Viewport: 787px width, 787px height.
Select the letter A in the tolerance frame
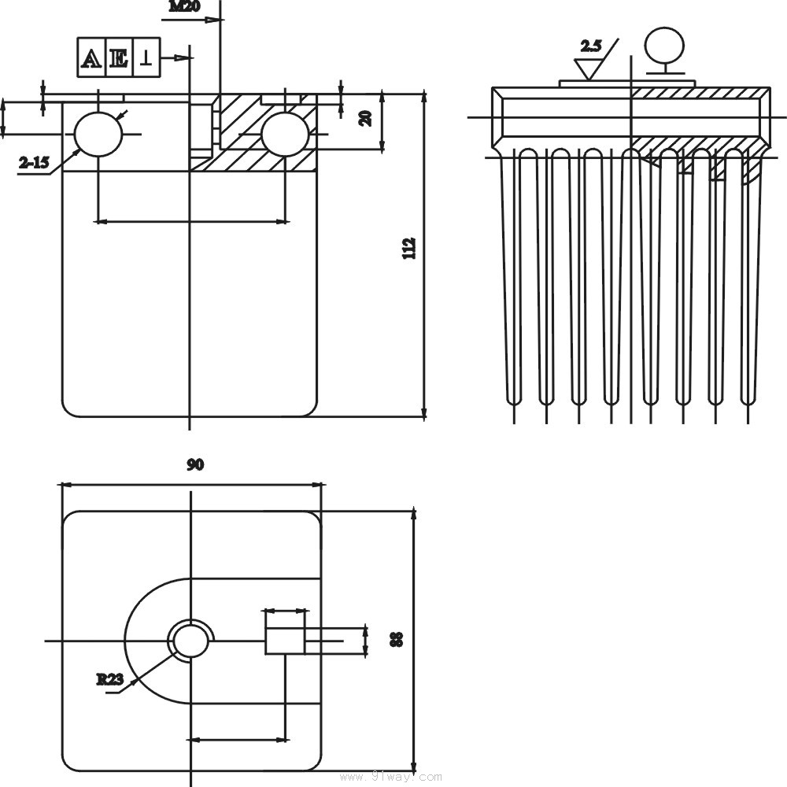92,57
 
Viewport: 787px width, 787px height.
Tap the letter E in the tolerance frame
119,57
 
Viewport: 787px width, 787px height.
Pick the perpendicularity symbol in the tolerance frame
146,57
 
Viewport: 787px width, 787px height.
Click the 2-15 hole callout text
34,163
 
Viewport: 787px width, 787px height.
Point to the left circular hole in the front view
98,134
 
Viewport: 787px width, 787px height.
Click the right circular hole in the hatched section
284,134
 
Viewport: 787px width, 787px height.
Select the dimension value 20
365,118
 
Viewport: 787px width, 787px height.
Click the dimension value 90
195,464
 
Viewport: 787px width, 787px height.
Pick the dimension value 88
397,639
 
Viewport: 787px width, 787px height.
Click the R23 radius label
109,679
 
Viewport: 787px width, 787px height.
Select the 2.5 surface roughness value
590,46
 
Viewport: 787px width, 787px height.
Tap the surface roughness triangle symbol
587,68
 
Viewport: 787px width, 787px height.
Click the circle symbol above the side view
663,43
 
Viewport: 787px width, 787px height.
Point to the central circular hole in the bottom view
190,640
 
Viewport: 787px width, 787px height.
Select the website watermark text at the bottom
390,777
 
